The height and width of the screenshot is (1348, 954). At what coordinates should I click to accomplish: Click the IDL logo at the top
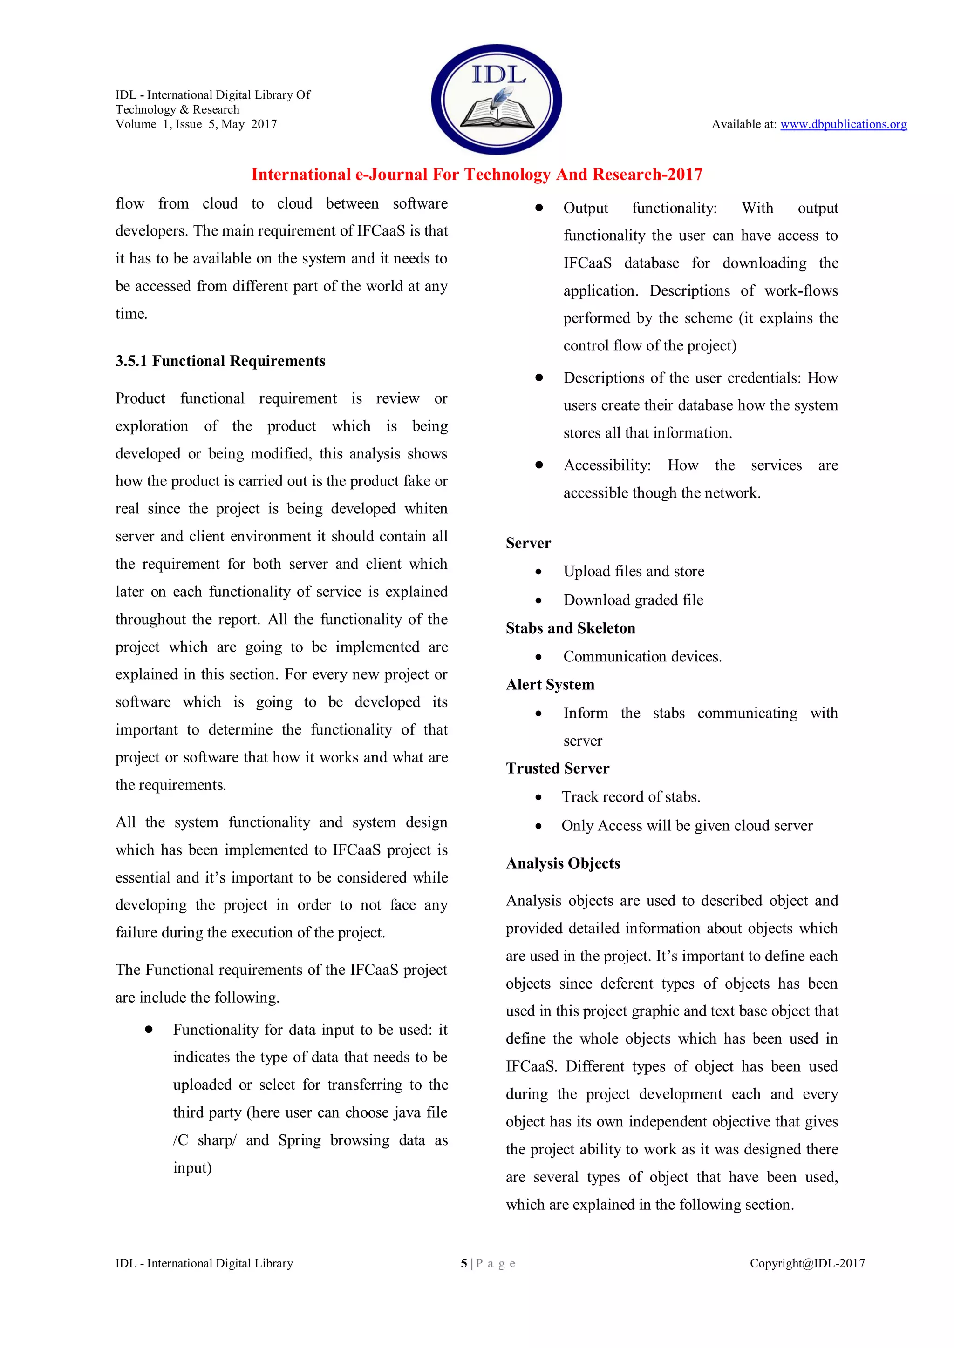coord(497,99)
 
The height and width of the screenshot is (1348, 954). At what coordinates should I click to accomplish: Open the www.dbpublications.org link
coord(843,124)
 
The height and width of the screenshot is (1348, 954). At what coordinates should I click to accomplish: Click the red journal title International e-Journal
coord(477,175)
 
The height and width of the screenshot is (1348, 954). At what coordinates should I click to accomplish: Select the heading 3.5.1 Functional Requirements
coord(220,361)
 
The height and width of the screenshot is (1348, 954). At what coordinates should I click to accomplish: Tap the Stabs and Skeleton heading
coord(571,628)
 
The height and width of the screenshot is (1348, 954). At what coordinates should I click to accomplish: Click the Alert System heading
coord(550,685)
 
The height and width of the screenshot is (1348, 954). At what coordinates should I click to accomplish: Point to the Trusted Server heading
coord(558,768)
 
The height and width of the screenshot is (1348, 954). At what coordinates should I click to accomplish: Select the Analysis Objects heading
coord(563,863)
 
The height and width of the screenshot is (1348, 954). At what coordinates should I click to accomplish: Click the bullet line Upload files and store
coord(633,571)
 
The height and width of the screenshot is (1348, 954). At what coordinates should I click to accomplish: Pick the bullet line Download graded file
coord(633,600)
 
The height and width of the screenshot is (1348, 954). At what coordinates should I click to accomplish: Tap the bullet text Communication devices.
coord(642,656)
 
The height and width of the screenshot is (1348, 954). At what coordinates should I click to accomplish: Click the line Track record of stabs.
coord(631,797)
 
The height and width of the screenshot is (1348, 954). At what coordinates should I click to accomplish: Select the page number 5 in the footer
coord(464,1263)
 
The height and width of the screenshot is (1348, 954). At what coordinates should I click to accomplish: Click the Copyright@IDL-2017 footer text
coord(807,1263)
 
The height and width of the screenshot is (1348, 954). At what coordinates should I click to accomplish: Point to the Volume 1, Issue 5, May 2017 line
coord(196,124)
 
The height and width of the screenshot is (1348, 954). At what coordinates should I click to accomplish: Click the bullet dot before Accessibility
coord(538,465)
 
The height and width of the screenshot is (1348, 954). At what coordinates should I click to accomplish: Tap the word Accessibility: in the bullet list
coord(607,465)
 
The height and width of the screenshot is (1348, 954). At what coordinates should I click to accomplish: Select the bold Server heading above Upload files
coord(528,543)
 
